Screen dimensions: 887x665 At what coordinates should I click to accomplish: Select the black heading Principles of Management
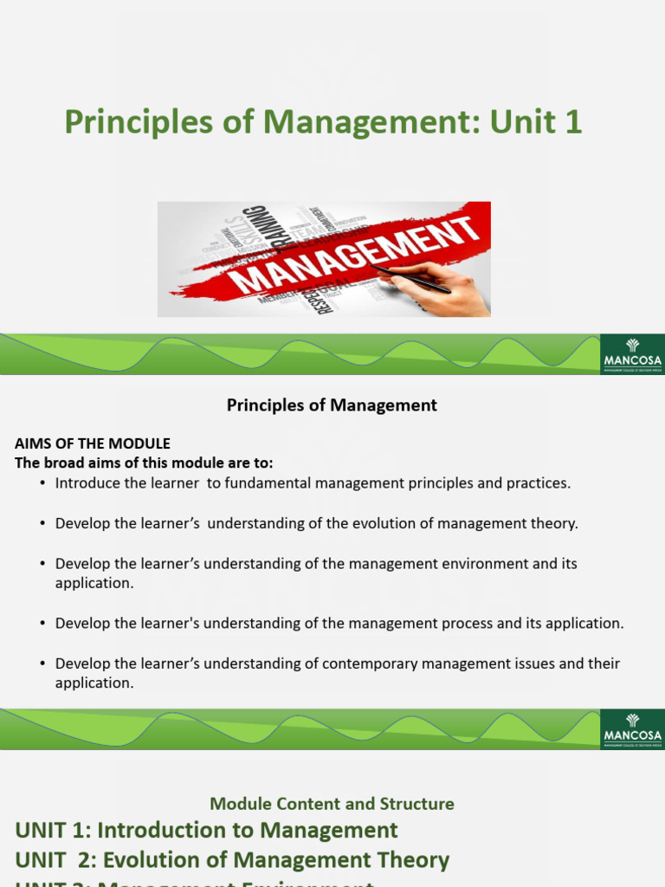[332, 405]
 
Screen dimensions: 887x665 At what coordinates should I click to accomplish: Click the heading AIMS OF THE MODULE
[93, 443]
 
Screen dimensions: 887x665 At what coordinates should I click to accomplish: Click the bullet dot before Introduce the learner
[42, 483]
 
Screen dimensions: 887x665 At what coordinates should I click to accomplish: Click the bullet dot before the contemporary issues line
[42, 664]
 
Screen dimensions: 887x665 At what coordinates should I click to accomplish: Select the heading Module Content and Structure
[332, 804]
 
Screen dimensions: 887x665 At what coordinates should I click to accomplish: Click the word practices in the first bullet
[539, 483]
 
